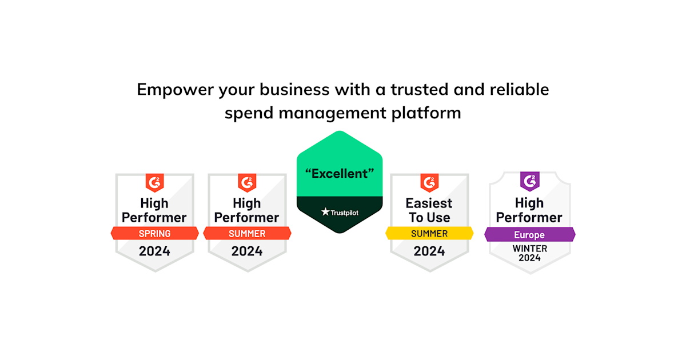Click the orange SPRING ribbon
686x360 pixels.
coord(154,233)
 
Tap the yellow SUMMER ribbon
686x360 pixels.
coord(429,233)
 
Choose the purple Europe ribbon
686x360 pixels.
coord(529,235)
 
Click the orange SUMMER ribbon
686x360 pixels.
coord(247,233)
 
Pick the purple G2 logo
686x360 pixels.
coord(529,182)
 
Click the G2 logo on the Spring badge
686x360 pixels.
coord(154,183)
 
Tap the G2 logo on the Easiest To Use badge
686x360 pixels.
coord(429,183)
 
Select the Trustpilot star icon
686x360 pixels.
coord(325,212)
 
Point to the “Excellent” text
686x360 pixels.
coord(340,174)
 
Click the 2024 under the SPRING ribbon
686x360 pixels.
coord(154,251)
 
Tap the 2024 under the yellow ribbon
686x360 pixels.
coord(429,251)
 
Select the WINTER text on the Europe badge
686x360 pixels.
coord(529,249)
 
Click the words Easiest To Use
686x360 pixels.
coord(429,210)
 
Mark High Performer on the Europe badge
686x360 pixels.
coord(529,210)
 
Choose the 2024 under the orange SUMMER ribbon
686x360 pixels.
coord(247,251)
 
